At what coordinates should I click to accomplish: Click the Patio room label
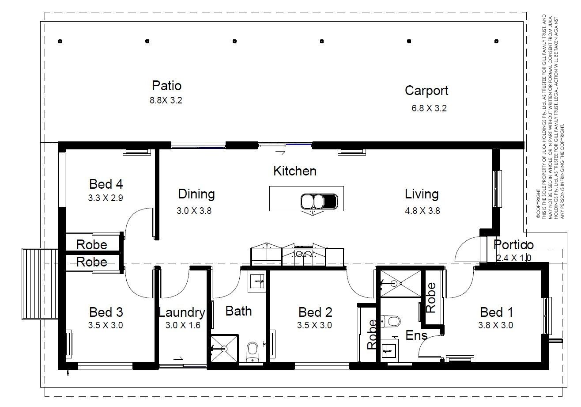[166, 86]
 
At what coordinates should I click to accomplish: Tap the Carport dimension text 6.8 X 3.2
[429, 108]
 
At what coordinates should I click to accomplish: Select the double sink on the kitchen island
[319, 202]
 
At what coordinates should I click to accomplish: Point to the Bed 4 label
[106, 184]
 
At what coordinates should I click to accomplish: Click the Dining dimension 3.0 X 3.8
[194, 210]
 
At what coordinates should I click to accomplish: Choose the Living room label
[422, 194]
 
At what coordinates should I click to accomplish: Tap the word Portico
[513, 244]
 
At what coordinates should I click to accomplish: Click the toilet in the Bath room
[252, 352]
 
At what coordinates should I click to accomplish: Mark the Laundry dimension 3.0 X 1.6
[183, 325]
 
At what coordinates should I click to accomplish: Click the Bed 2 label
[315, 312]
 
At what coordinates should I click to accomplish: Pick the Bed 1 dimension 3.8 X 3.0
[496, 325]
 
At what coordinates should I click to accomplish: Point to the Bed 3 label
[106, 312]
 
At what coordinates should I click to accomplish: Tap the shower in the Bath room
[224, 349]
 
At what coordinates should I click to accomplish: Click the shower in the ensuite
[400, 283]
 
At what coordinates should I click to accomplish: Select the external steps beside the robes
[40, 284]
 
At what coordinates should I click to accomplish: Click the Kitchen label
[294, 171]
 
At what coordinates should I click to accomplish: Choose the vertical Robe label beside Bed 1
[431, 297]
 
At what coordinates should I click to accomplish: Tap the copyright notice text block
[550, 117]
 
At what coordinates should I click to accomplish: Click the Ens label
[416, 335]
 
